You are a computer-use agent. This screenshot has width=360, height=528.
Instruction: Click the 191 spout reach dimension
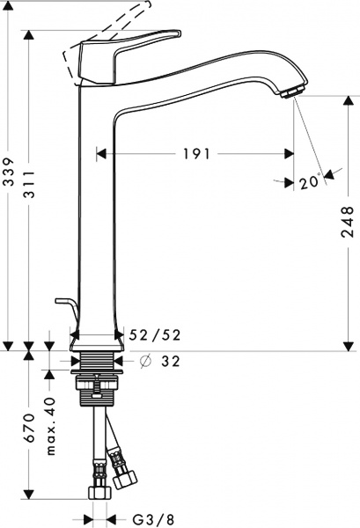click(195, 154)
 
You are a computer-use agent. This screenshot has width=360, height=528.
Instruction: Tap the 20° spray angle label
click(307, 182)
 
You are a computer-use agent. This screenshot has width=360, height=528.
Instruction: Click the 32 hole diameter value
click(172, 361)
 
